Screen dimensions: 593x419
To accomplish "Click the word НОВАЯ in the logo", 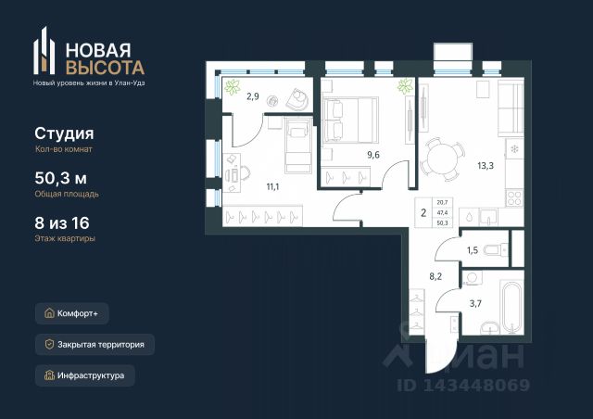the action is click(98, 49).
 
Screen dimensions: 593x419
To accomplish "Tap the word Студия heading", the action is click(64, 133).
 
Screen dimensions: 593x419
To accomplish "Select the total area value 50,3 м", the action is click(60, 178).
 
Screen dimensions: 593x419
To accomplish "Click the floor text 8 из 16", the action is click(62, 222).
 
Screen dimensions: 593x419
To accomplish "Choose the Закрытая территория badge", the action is click(95, 345).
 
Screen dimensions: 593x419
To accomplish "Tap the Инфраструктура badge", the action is click(84, 375).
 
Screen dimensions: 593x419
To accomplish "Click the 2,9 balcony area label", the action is click(253, 96).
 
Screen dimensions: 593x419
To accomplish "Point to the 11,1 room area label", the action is click(272, 186).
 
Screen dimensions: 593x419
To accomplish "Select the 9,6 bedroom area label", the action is click(373, 155).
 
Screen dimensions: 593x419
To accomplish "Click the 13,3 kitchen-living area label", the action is click(486, 166).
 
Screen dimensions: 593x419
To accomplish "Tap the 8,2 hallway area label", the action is click(435, 276).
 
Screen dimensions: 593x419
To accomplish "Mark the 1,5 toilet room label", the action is click(473, 250).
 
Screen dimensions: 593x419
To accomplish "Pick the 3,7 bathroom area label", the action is click(475, 303).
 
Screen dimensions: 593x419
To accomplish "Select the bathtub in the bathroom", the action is click(511, 307).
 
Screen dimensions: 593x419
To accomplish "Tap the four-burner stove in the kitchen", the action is click(514, 197).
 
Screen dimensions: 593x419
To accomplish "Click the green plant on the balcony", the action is click(232, 87).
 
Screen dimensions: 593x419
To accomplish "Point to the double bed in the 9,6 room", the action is click(350, 120).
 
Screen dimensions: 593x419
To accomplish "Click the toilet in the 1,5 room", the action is click(496, 250).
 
